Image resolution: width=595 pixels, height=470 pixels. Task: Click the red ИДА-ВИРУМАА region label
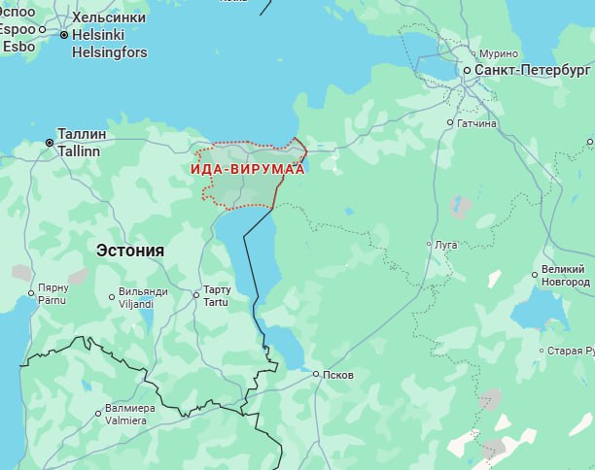tap(247, 169)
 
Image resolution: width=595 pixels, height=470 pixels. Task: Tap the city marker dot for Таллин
tap(50, 143)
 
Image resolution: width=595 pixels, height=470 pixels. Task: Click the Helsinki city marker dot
tap(64, 34)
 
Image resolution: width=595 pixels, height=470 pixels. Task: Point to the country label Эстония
tap(130, 251)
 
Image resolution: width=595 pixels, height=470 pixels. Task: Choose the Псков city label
tap(338, 375)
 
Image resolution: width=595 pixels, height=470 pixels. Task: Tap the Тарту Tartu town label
tap(216, 296)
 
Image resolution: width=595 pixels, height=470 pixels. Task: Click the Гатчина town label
tap(477, 123)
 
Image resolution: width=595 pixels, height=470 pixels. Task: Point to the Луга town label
tap(446, 245)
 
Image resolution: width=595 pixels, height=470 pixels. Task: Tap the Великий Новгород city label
tap(565, 275)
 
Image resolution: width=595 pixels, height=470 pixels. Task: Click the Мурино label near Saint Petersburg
tap(498, 53)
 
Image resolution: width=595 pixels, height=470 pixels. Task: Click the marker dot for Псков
tap(316, 373)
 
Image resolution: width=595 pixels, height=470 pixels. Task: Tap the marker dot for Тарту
tap(196, 293)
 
